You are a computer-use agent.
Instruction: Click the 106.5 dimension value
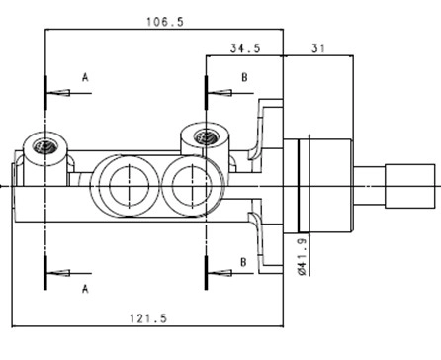[x=165, y=22]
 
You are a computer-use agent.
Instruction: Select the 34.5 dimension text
[x=245, y=48]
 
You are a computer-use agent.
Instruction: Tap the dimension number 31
[x=318, y=48]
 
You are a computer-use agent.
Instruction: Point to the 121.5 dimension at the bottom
[x=148, y=318]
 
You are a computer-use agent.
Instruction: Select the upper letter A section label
[x=85, y=77]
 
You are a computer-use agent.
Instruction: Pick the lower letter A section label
[x=85, y=289]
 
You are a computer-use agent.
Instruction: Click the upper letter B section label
[x=244, y=77]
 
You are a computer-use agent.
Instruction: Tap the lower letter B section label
[x=243, y=262]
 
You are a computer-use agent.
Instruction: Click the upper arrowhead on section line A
[x=58, y=93]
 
